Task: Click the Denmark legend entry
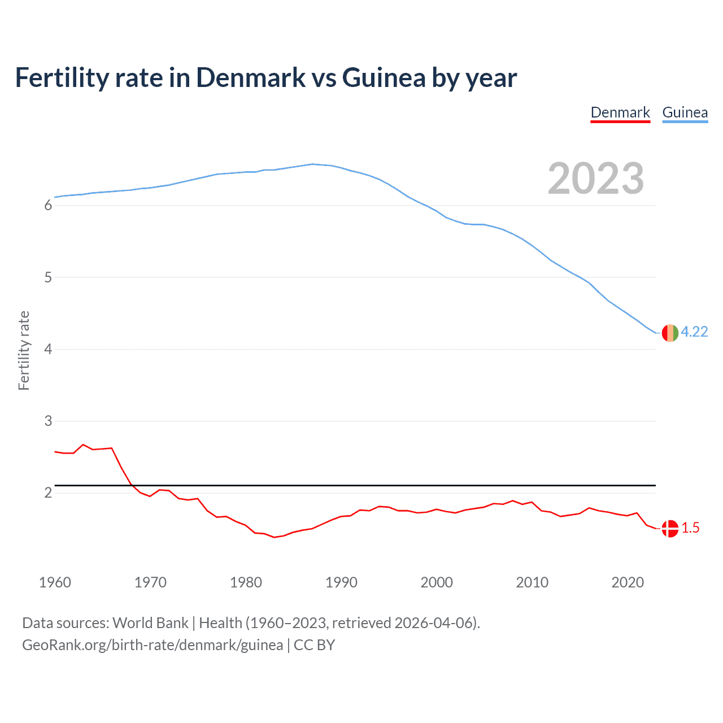tap(620, 112)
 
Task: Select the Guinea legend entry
tap(685, 112)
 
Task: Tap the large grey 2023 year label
tap(596, 178)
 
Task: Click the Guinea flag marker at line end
tap(670, 333)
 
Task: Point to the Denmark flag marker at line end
tap(670, 529)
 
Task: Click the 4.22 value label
tap(694, 332)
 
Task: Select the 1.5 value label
tap(690, 528)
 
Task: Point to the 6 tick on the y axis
tap(48, 206)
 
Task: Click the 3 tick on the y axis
tap(48, 421)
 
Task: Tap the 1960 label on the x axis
tap(55, 582)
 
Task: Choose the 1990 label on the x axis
tap(341, 582)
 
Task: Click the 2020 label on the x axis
tap(628, 582)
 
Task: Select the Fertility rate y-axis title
tap(24, 350)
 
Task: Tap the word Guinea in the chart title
tap(384, 78)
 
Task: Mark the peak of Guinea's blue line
tap(312, 164)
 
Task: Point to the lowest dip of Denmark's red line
tap(274, 537)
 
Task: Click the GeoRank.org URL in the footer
tap(153, 645)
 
